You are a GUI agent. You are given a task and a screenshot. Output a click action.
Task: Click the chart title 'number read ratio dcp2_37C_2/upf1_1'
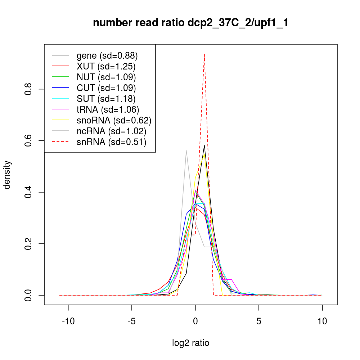coord(190,23)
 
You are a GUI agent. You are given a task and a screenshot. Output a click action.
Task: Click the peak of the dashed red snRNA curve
coord(204,54)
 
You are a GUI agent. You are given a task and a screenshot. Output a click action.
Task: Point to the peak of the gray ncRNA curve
coord(186,150)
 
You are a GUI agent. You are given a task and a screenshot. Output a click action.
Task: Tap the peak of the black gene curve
coord(204,145)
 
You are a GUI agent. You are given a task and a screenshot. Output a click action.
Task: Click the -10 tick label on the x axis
coord(68,321)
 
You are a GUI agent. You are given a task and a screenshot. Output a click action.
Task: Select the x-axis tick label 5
coord(259,321)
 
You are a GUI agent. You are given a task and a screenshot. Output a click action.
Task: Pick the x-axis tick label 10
coord(322,321)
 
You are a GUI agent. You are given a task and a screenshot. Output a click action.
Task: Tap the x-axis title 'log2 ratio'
coord(190,343)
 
